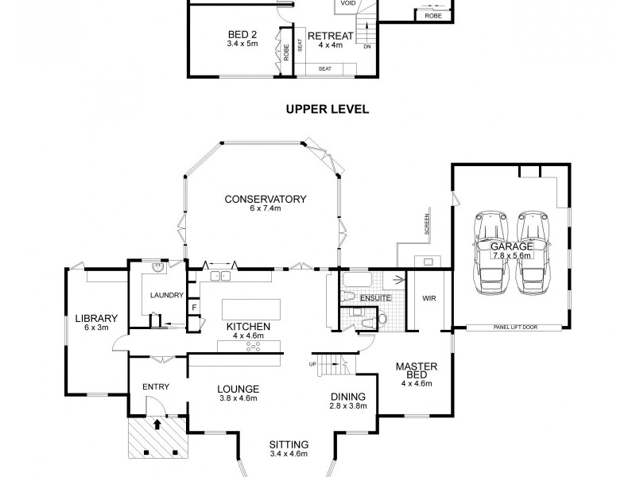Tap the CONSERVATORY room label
pos(265,199)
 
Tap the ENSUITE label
pos(375,297)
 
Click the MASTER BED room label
pos(417,372)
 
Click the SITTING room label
pos(289,444)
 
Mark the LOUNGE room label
pos(237,389)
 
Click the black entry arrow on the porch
pos(157,424)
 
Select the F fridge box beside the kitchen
pos(192,308)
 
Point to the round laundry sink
pos(157,269)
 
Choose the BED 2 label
pos(242,35)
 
